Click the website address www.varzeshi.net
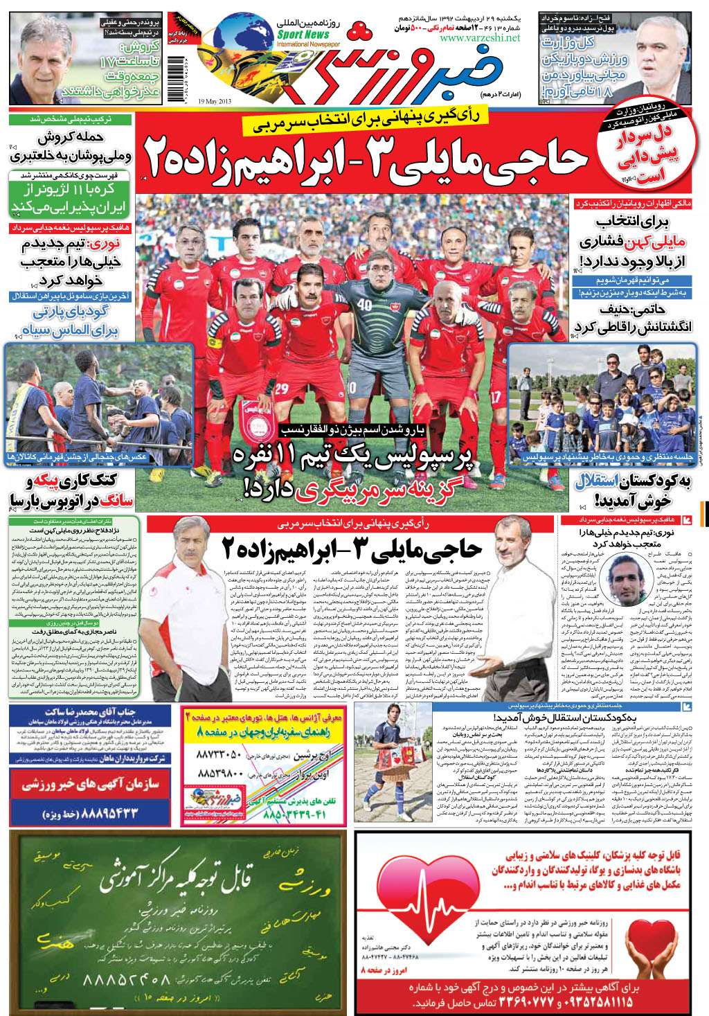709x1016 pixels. pos(479,38)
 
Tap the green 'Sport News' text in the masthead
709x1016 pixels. pos(303,34)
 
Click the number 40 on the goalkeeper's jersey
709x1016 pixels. pos(365,304)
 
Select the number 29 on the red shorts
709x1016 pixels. pos(281,389)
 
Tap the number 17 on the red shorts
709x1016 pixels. pos(495,398)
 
